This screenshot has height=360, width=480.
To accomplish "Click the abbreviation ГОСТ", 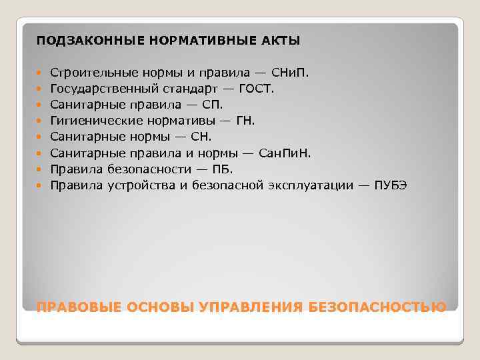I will click(255, 88).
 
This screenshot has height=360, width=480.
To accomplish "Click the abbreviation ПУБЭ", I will click(390, 185).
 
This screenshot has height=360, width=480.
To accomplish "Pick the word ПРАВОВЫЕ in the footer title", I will click(75, 307).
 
